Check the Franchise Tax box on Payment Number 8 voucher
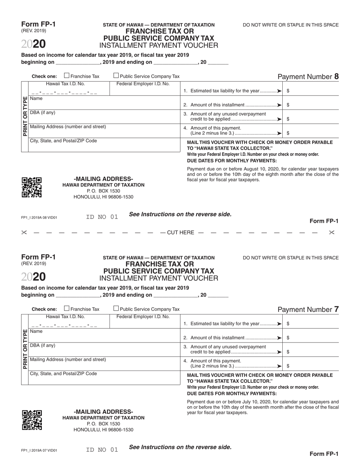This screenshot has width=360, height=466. click(x=67, y=76)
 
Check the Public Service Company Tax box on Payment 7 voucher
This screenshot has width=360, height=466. click(x=116, y=308)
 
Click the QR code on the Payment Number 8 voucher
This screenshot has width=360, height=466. click(x=31, y=187)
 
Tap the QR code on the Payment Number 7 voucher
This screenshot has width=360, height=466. click(x=31, y=420)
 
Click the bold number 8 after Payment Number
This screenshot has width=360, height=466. click(x=337, y=77)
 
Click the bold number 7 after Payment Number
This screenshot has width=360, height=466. click(x=337, y=309)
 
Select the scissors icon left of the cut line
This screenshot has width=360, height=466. click(x=24, y=233)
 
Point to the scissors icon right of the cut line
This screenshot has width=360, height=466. click(x=332, y=233)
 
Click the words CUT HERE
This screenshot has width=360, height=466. click(x=180, y=233)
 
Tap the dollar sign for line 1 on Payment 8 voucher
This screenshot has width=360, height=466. click(x=288, y=91)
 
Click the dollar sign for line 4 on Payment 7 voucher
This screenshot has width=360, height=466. click(x=288, y=366)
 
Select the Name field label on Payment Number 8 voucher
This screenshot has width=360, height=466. click(x=36, y=99)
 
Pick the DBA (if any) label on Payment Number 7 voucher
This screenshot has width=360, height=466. click(x=42, y=346)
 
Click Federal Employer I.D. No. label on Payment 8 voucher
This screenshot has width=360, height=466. click(x=143, y=84)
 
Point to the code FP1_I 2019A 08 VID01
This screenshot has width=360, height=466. click(x=39, y=218)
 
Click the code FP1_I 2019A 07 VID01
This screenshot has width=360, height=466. click(x=39, y=450)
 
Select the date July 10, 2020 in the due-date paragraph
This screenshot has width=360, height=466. click(x=256, y=402)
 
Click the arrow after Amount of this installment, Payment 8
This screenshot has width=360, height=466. click(x=279, y=105)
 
